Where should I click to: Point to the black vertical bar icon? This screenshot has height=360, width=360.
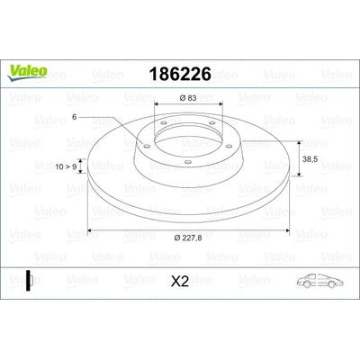29,281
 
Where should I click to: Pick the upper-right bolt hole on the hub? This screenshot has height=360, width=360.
210,125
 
